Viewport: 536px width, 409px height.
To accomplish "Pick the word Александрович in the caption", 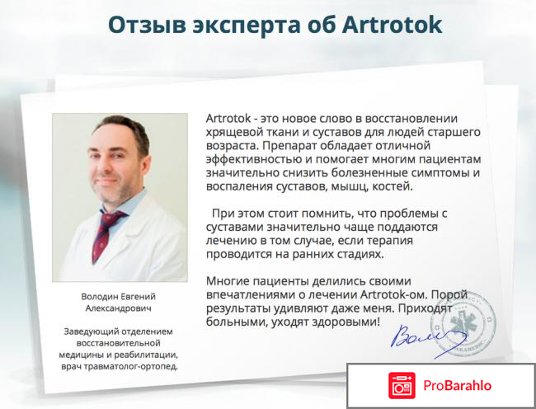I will (120, 308).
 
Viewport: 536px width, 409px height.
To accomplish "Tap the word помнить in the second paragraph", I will (330, 212).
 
